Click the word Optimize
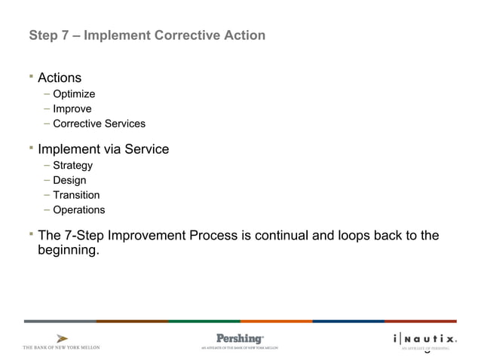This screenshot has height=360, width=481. (x=74, y=94)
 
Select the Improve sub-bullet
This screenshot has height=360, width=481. (x=72, y=109)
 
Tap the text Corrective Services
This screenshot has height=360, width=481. (x=99, y=124)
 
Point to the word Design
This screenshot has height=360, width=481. (x=69, y=181)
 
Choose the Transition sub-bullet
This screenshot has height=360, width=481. (x=76, y=195)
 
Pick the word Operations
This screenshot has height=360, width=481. (x=79, y=210)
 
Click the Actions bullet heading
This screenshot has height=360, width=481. (x=60, y=78)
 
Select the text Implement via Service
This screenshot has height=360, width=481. (x=103, y=149)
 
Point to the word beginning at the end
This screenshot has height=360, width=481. (x=68, y=251)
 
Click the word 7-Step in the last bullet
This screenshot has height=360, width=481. (x=84, y=236)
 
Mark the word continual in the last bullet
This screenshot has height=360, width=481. (x=282, y=236)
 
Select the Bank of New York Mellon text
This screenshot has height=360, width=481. (x=61, y=347)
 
